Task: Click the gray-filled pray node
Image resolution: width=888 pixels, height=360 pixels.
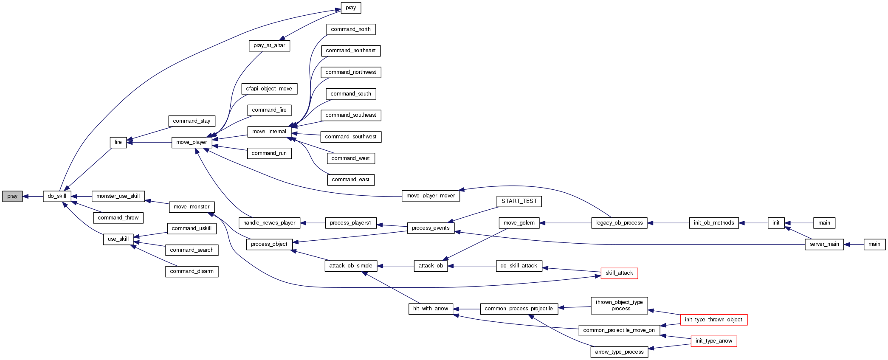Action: tap(12, 196)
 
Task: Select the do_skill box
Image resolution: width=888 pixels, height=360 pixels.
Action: tap(57, 196)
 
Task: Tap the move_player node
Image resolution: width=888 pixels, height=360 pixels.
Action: tap(192, 142)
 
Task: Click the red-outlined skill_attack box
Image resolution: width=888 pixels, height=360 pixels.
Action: tap(619, 273)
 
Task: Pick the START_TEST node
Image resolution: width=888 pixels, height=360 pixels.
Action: tap(519, 201)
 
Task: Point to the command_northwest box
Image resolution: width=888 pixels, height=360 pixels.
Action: tap(351, 72)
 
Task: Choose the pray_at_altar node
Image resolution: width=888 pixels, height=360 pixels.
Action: tap(269, 45)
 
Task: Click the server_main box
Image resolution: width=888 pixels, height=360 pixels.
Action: tap(824, 244)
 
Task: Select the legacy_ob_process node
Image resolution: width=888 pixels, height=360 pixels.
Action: tap(619, 223)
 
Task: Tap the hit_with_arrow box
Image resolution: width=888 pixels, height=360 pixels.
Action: tap(431, 309)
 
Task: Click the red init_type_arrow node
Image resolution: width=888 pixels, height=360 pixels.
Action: tap(713, 341)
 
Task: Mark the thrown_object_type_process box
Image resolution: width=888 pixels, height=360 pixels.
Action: tap(619, 305)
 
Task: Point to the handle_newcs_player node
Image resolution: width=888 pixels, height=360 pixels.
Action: tap(269, 223)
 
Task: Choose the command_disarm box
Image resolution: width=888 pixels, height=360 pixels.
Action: tap(192, 271)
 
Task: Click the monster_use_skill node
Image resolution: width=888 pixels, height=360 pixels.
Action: tap(118, 196)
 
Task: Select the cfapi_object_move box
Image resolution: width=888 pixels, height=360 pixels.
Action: tap(269, 89)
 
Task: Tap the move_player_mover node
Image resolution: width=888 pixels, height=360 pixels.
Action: tap(431, 196)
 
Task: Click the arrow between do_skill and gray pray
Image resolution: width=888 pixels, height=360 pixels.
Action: tap(33, 196)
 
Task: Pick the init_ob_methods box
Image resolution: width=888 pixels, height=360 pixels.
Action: tap(713, 223)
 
